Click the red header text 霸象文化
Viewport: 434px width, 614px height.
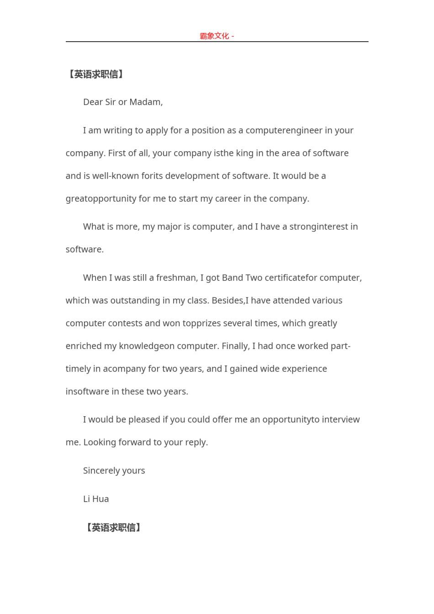click(214, 36)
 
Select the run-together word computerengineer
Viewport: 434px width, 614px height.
click(284, 130)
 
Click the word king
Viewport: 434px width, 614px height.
click(244, 153)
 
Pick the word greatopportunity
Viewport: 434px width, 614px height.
click(101, 199)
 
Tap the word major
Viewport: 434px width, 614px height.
click(169, 227)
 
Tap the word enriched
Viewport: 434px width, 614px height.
click(84, 346)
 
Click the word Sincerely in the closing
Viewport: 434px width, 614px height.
click(101, 471)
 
